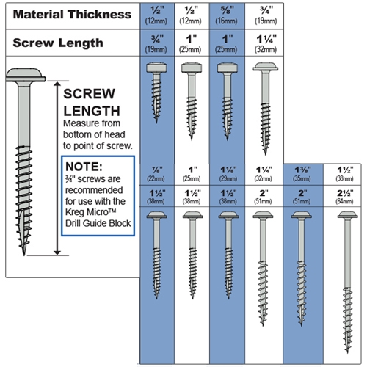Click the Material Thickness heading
click(72, 15)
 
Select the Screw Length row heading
click(58, 43)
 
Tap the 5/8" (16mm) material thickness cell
click(227, 15)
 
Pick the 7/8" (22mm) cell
click(156, 174)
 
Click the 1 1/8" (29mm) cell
click(228, 174)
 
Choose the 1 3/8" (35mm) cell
click(302, 174)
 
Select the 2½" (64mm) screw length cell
click(345, 197)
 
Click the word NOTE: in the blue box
click(84, 167)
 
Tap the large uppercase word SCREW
click(89, 94)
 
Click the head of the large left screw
click(26, 75)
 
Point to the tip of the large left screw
click(23, 255)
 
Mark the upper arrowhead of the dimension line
click(57, 84)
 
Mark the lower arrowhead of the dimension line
click(57, 252)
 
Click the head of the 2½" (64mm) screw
click(347, 215)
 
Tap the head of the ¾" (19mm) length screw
click(156, 68)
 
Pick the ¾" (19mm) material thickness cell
click(265, 15)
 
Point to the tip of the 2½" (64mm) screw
click(347, 352)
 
